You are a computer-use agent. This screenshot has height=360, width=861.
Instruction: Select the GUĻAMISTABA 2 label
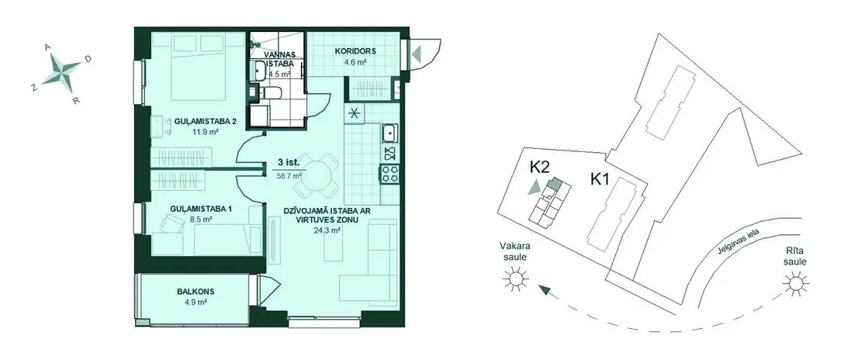[199, 123]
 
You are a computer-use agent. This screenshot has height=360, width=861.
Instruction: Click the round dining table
[316, 175]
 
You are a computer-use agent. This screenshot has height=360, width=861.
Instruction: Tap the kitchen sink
[389, 132]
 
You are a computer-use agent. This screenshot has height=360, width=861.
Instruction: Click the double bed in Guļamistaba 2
[199, 67]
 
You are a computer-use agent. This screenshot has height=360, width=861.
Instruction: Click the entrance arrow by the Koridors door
[417, 54]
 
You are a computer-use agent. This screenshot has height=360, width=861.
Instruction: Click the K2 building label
[540, 167]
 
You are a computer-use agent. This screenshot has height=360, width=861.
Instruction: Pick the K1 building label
[600, 179]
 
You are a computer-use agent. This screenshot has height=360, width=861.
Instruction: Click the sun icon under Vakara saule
[515, 279]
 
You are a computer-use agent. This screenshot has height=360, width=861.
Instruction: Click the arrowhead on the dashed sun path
[545, 289]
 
